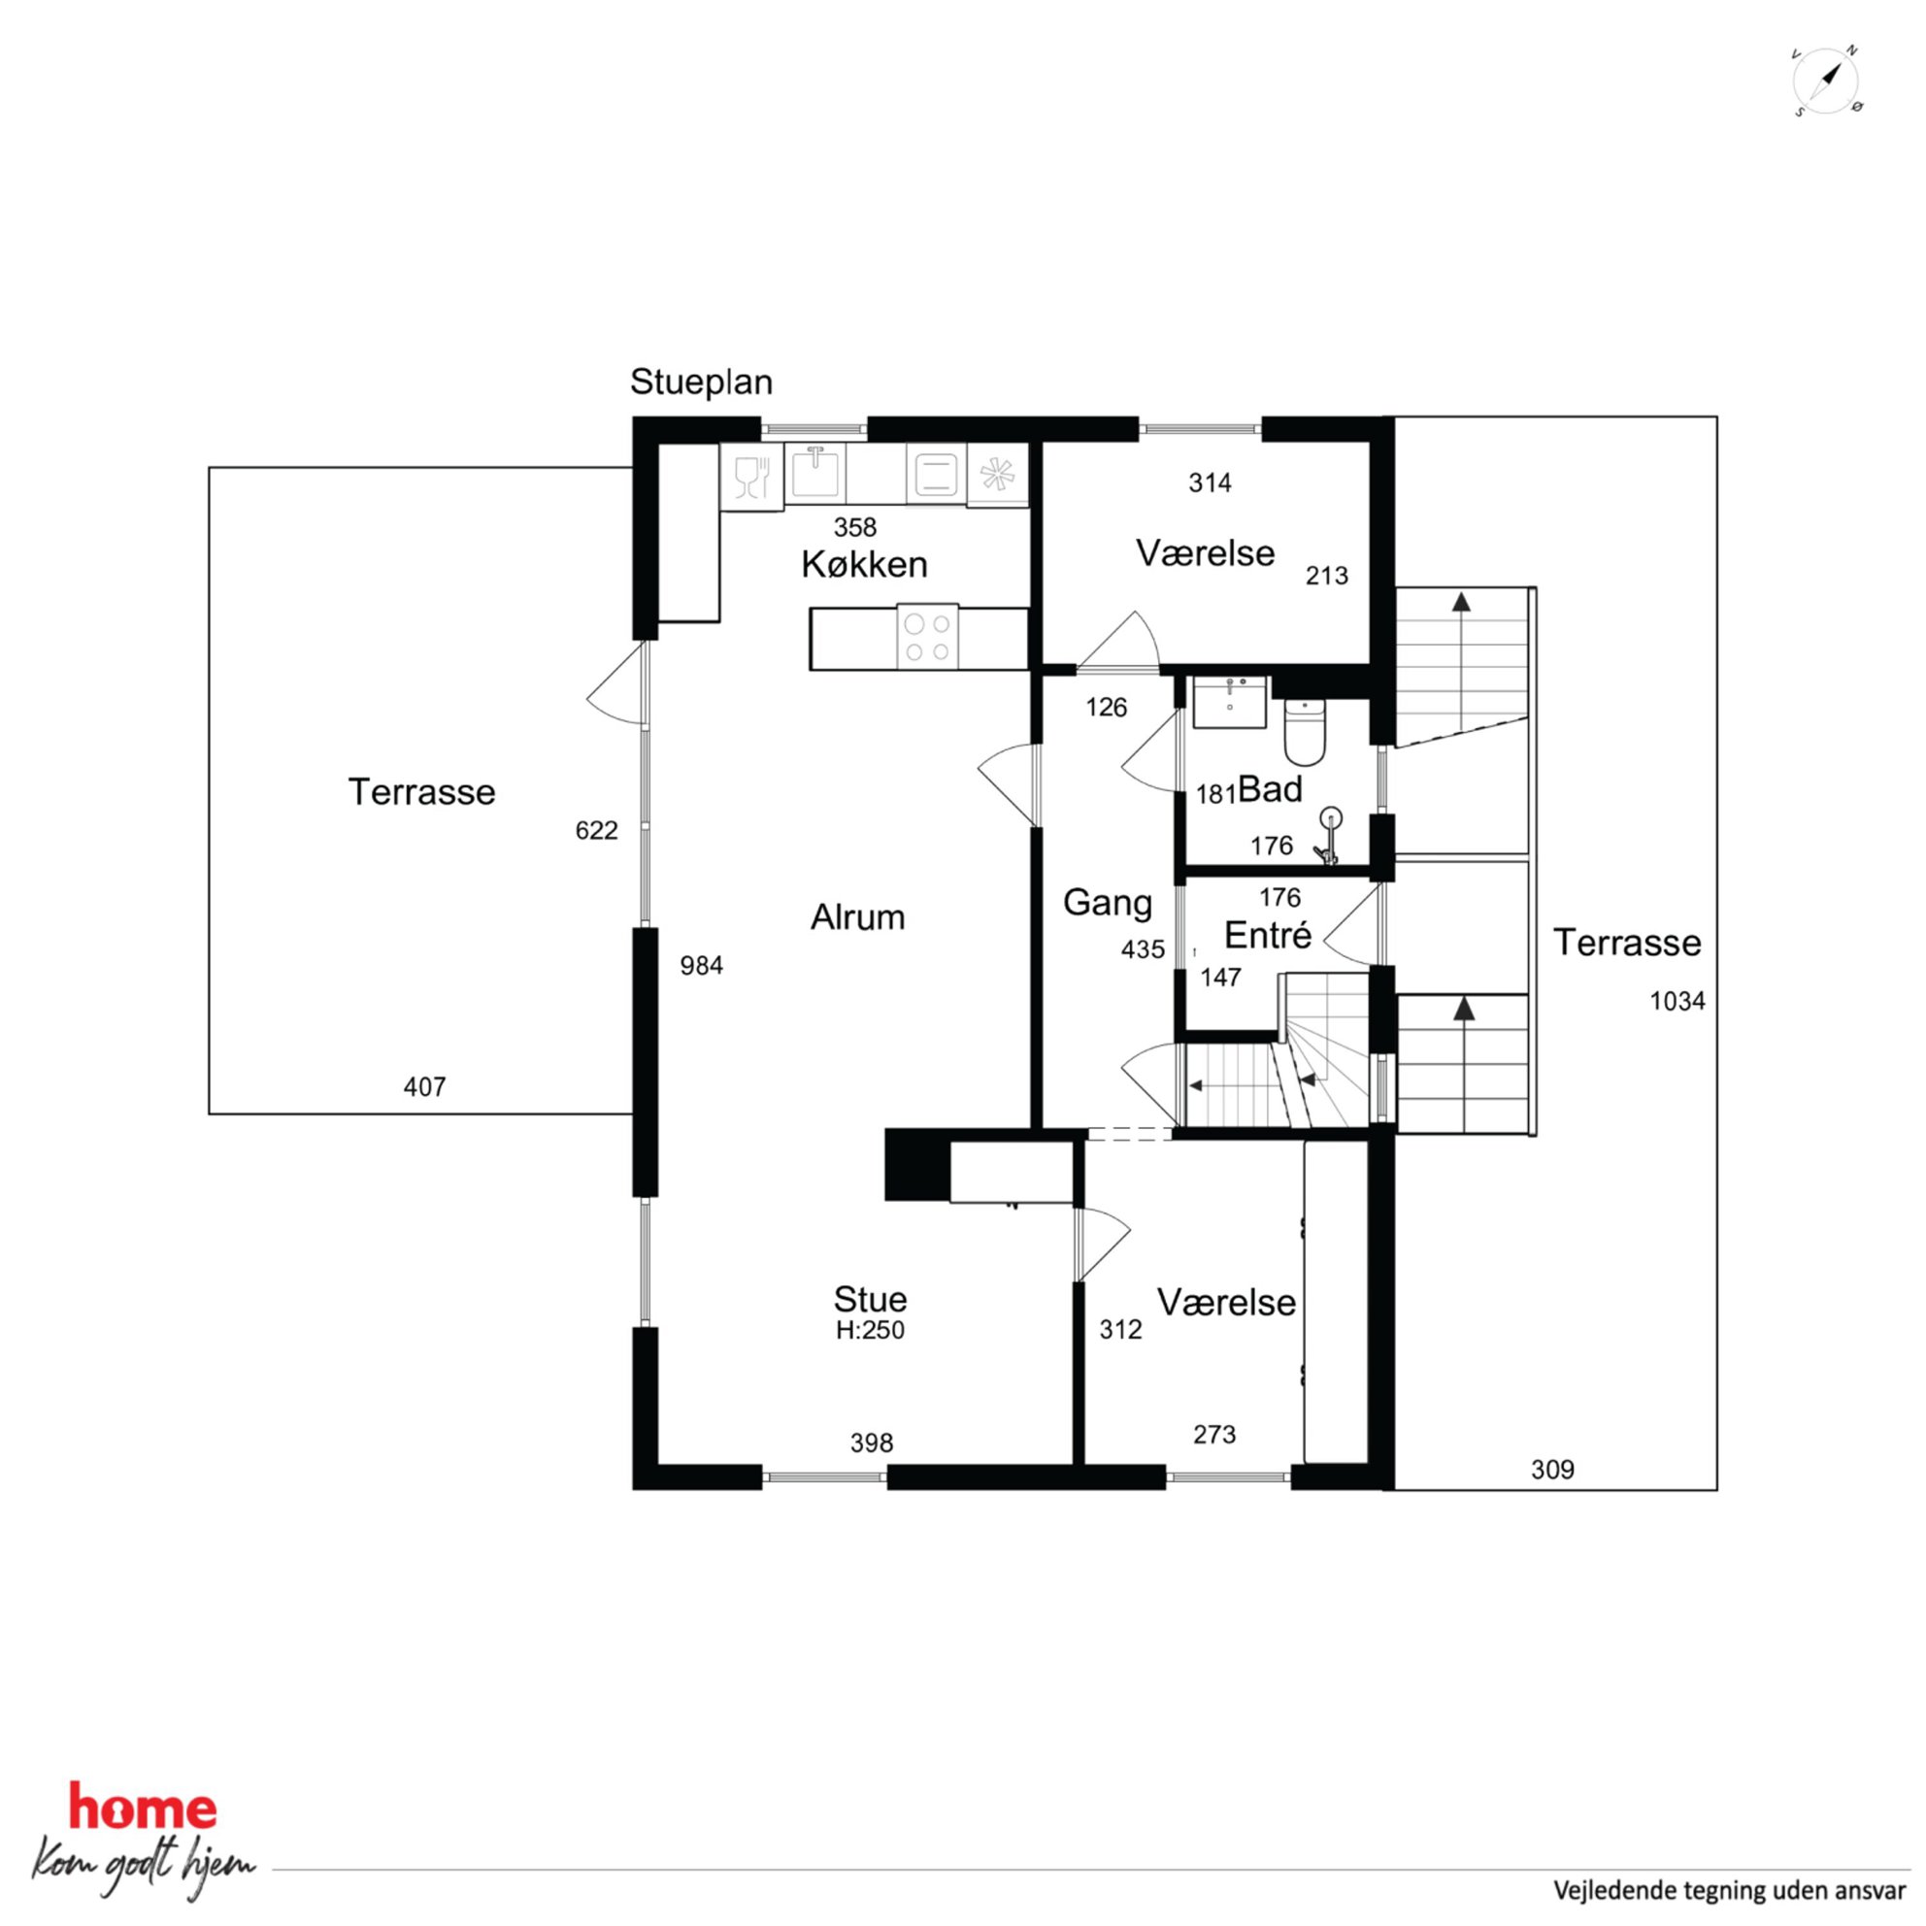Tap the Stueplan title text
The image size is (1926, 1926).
coord(701,382)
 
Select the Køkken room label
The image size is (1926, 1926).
coord(864,564)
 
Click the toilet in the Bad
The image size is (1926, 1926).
coord(1304,731)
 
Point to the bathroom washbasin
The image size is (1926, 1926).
coord(1230,702)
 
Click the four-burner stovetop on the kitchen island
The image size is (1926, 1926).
coord(927,637)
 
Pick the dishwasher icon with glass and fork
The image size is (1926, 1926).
coord(751,477)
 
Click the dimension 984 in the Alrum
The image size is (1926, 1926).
coord(702,965)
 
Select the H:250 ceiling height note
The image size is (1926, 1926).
coord(870,1330)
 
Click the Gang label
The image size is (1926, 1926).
coord(1108,902)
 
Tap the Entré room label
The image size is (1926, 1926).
coord(1267,935)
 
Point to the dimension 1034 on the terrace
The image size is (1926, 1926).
coord(1677,1001)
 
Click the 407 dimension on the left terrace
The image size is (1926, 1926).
coord(424,1086)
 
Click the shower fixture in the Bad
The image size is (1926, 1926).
coord(1328,836)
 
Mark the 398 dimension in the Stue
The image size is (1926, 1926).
coord(872,1443)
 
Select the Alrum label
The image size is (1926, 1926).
coord(857,917)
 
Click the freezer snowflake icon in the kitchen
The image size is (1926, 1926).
coord(997,475)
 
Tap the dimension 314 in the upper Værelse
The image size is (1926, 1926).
coord(1211,482)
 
